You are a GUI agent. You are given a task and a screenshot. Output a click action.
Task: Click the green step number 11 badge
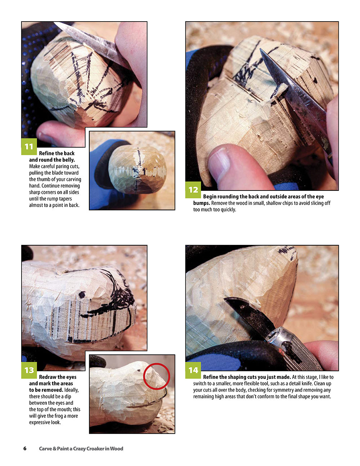[x=29, y=146]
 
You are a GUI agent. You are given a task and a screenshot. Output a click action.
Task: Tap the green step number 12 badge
[x=193, y=189]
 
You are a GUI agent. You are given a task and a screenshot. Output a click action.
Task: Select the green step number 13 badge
[x=29, y=370]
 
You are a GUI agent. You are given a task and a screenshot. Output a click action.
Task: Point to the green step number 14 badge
[x=193, y=370]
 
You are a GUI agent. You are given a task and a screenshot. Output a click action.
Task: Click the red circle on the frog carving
[x=156, y=376]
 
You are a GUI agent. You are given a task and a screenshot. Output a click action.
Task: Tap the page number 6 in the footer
[x=25, y=448]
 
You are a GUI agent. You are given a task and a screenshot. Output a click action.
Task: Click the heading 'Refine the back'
[x=57, y=153]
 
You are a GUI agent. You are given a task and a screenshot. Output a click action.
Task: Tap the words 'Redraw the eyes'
[x=58, y=377]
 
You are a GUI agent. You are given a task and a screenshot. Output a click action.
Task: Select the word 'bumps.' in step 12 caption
[x=202, y=203]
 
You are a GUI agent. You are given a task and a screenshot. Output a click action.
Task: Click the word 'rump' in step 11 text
[x=59, y=199]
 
